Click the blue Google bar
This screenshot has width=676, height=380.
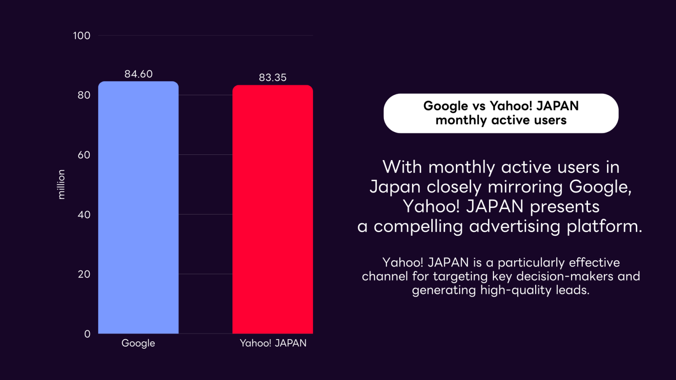coord(138,207)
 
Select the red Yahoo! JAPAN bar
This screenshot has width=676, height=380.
coord(272,209)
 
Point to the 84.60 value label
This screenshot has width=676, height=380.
coord(138,74)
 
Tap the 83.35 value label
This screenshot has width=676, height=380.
coord(272,77)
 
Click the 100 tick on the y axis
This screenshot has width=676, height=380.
coord(81,36)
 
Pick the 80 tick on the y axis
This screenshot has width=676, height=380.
coord(84,95)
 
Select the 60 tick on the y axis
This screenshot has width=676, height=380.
coord(84,155)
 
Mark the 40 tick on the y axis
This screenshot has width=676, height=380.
coord(84,215)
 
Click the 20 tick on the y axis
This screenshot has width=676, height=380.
coord(84,274)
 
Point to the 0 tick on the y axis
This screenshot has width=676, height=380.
coord(87,334)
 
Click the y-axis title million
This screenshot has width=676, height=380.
coord(61,184)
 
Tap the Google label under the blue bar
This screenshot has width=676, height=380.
coord(138,343)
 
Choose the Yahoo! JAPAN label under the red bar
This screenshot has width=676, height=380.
coord(273,343)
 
